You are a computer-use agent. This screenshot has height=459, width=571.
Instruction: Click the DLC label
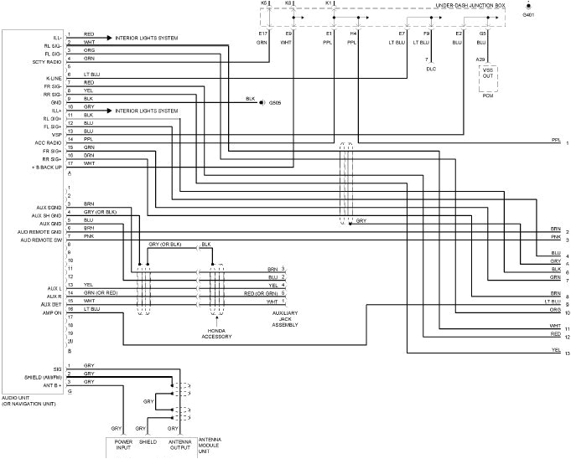431,69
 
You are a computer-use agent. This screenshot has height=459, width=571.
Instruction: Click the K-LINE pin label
52,77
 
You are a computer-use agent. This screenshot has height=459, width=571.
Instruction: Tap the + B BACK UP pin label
45,168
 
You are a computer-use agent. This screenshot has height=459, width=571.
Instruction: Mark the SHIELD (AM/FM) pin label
41,374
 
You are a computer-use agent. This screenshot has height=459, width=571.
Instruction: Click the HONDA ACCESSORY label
216,333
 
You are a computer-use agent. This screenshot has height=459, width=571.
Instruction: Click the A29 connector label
480,59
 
